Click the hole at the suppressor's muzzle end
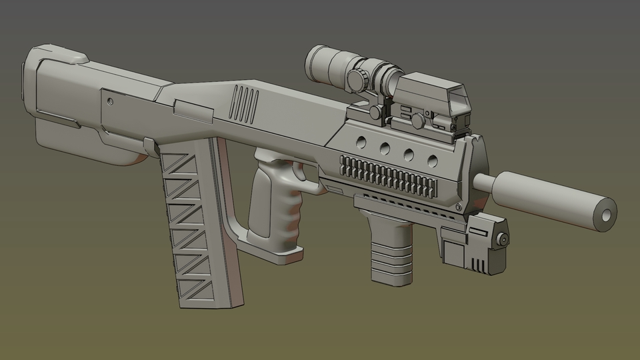pyautogui.click(x=606, y=215)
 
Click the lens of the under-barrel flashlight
pyautogui.click(x=505, y=238)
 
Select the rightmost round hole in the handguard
pyautogui.click(x=432, y=160)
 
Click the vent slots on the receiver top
pyautogui.click(x=245, y=105)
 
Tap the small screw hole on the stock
pyautogui.click(x=109, y=101)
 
